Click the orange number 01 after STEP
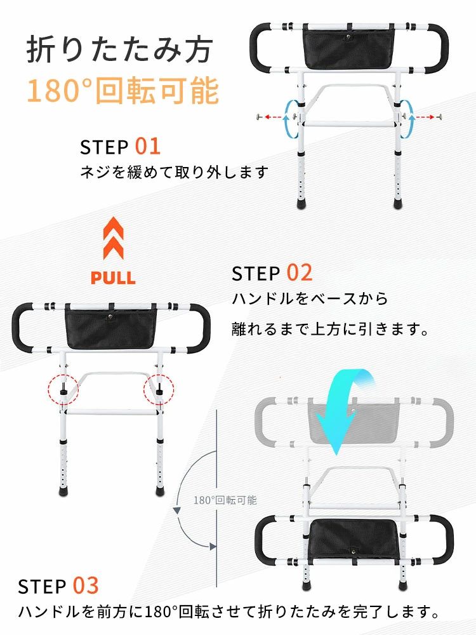coord(147,146)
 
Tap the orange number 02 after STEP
coord(300,272)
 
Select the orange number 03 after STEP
coord(86,585)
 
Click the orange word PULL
coord(113,278)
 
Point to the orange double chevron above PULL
coord(114,238)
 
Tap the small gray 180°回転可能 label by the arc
coord(225,500)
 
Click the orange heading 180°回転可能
coord(123,90)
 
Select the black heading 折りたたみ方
coord(119,50)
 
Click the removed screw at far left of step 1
coord(258,117)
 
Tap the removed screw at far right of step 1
coord(439,117)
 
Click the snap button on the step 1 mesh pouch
coord(347,38)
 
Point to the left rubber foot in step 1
coord(301,202)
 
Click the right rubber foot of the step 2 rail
coord(161,491)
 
